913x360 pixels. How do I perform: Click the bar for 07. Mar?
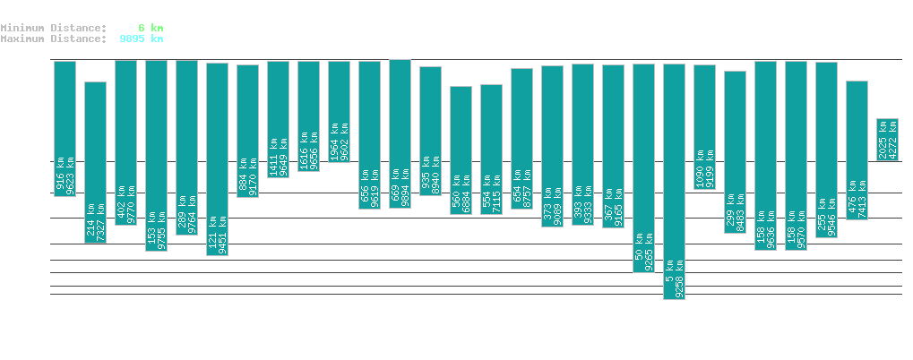[x=674, y=179]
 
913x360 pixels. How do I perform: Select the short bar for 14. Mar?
[x=887, y=140]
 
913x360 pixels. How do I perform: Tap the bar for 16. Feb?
[x=95, y=161]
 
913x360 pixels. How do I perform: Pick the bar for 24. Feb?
[x=339, y=111]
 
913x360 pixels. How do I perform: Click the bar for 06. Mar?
[x=643, y=167]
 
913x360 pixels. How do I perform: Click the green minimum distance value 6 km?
[x=151, y=28]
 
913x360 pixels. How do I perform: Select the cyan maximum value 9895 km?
[x=141, y=39]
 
